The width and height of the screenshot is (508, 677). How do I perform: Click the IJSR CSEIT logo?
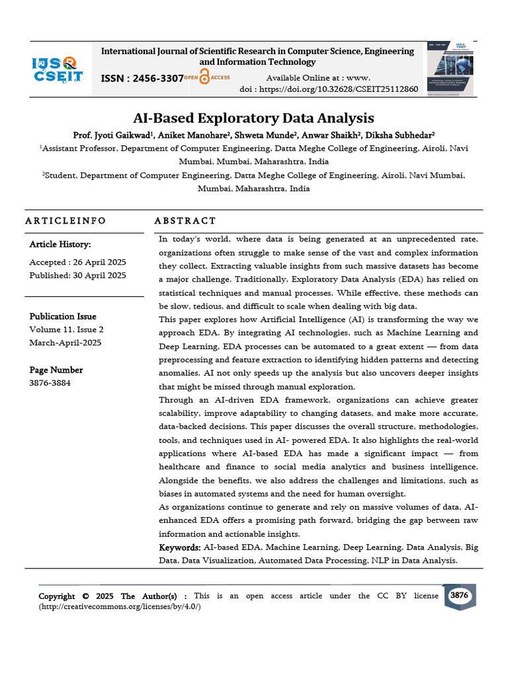[x=58, y=69]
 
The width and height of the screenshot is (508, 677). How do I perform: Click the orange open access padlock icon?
[x=204, y=77]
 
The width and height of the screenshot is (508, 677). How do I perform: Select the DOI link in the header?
[x=329, y=89]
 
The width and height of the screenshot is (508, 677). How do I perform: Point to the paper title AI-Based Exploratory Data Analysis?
[x=253, y=118]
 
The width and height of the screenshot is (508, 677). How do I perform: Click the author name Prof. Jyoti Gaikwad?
[x=113, y=135]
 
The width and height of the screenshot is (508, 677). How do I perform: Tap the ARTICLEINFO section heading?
[x=65, y=221]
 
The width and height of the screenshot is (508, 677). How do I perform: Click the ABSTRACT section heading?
[x=185, y=221]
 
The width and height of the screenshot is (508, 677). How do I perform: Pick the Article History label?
[x=60, y=245]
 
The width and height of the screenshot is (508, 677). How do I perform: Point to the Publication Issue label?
[x=63, y=317]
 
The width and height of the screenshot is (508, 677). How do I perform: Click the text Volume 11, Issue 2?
[x=66, y=329]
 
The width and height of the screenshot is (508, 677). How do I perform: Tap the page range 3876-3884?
[x=50, y=383]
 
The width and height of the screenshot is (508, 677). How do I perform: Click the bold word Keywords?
[x=179, y=548]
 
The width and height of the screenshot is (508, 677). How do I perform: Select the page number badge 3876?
[x=459, y=596]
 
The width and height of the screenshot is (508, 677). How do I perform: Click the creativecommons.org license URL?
[x=120, y=607]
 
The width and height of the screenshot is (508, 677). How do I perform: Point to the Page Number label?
[x=56, y=370]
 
